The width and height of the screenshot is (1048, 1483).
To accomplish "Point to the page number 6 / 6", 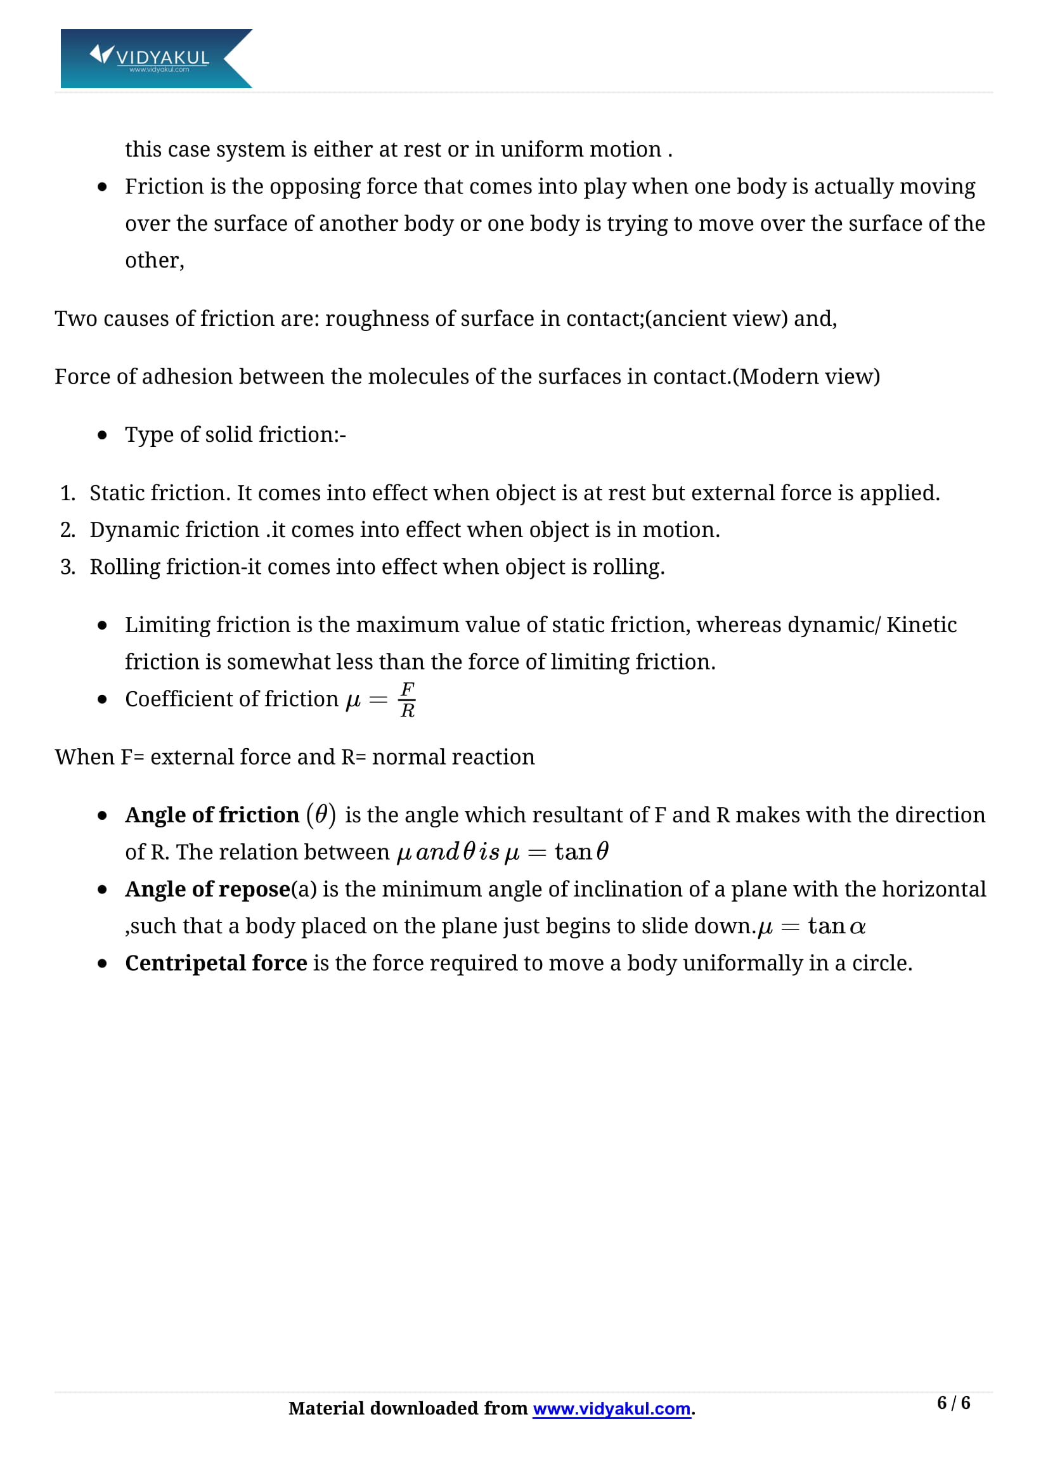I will click(953, 1402).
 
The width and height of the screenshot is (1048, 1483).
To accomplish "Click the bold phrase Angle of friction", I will click(212, 815).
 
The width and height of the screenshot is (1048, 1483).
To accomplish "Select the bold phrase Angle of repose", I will click(207, 890).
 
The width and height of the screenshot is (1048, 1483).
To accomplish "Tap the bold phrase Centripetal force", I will click(216, 963).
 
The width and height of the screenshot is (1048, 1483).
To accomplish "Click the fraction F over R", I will click(407, 699).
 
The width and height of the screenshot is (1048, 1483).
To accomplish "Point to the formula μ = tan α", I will click(811, 927).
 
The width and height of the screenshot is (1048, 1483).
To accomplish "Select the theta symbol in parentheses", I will click(321, 815).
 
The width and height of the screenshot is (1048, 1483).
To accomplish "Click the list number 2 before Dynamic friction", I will click(67, 529).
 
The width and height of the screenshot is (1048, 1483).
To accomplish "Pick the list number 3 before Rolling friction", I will click(67, 567).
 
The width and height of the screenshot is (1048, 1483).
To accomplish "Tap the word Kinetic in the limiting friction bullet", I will click(921, 625).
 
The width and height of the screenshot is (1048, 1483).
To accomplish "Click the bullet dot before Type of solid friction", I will click(102, 436).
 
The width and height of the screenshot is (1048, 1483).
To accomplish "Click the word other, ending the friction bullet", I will click(154, 261).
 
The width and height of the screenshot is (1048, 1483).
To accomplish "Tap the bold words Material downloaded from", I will click(408, 1408).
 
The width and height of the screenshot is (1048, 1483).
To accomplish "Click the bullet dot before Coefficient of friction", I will click(102, 699).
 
